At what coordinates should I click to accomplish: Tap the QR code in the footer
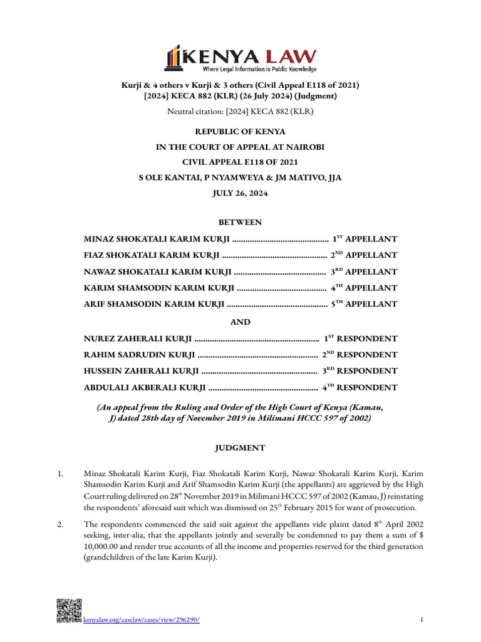69,611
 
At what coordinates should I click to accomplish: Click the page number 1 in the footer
422,620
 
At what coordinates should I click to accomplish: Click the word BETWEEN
240,222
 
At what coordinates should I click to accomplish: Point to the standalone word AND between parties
240,322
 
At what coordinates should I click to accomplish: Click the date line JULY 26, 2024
240,194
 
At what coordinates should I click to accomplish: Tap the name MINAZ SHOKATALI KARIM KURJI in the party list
157,239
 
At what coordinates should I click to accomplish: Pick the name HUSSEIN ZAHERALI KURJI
142,371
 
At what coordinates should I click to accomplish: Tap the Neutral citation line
240,112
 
